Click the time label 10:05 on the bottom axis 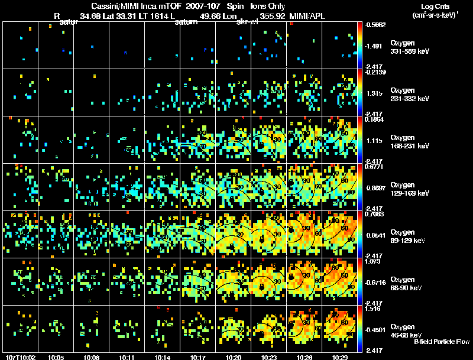56,357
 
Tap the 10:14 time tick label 162,357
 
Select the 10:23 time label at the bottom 269,357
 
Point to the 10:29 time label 339,357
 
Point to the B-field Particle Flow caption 442,342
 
